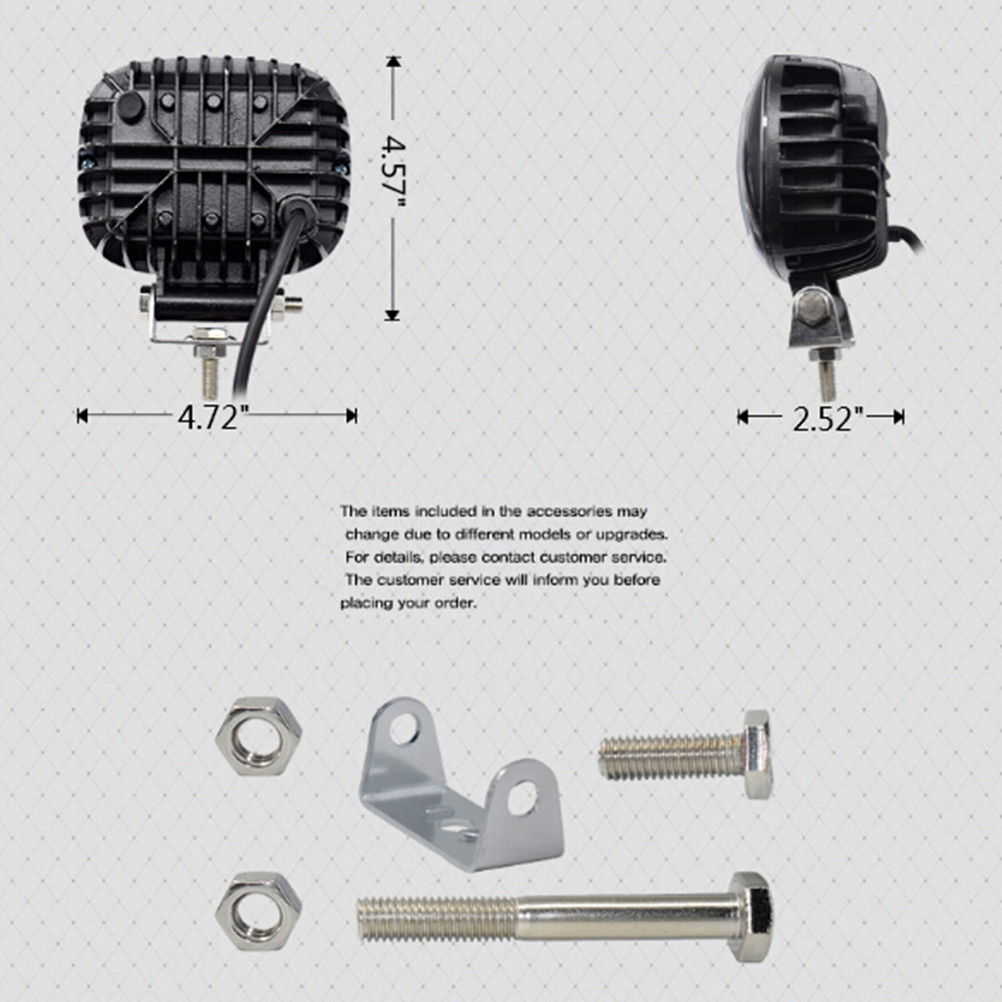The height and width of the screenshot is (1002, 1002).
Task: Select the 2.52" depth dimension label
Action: point(828,419)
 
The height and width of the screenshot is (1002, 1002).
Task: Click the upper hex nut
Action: point(258,736)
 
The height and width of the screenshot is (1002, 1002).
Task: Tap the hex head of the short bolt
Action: point(758,754)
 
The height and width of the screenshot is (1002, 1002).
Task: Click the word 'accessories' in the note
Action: point(570,511)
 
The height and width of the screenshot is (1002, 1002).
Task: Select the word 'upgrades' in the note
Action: point(631,535)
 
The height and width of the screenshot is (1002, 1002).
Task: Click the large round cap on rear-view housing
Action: point(130,106)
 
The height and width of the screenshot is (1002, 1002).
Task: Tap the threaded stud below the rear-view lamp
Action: point(210,376)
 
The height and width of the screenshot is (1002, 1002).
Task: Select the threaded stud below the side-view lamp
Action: point(828,378)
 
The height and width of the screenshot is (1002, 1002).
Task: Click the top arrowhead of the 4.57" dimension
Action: point(393,62)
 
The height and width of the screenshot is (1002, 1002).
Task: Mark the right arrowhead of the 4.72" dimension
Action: point(351,416)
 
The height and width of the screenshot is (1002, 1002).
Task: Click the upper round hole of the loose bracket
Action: point(404,728)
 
